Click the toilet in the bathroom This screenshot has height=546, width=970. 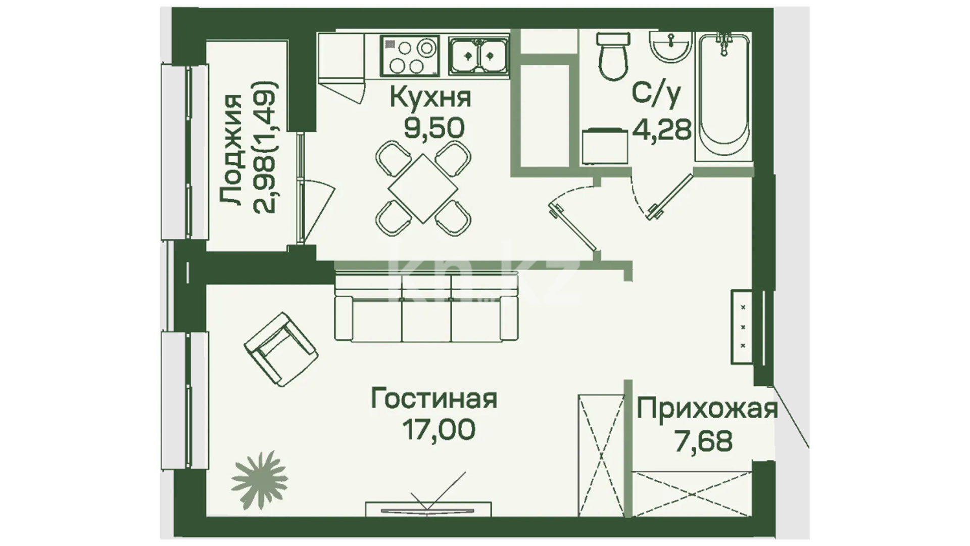[613, 56]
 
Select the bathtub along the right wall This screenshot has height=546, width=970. [724, 96]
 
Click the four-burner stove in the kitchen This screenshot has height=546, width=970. [410, 56]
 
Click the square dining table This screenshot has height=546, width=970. [423, 188]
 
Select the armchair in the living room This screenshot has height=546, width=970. [281, 348]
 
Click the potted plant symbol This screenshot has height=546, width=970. [259, 479]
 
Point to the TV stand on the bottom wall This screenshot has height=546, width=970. [428, 509]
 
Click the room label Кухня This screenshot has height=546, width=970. [430, 98]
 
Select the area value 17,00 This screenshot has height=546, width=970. [439, 430]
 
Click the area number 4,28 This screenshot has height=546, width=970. [662, 130]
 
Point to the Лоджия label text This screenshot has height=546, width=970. [232, 150]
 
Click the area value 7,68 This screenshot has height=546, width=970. [704, 442]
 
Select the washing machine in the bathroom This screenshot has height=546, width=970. [605, 146]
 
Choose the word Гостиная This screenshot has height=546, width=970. [434, 398]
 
